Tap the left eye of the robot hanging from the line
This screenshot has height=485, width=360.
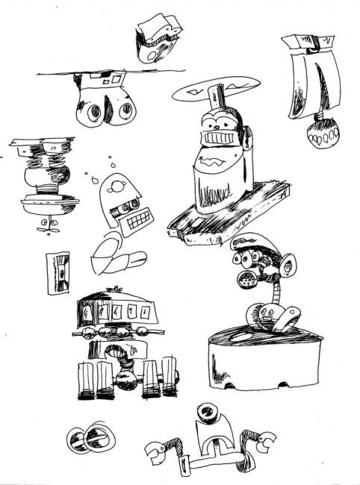click(x=95, y=112)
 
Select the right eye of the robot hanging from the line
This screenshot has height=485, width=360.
click(x=127, y=112)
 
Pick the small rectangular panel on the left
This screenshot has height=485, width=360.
click(x=57, y=272)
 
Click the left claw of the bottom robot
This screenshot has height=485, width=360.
click(x=156, y=452)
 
